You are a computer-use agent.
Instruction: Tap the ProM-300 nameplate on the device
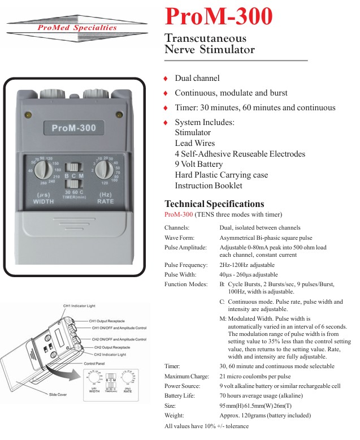[x=74, y=128]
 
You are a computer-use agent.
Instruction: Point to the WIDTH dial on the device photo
[x=44, y=170]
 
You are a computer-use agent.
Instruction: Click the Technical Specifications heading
[x=214, y=204]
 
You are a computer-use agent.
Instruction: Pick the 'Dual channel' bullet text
[x=197, y=78]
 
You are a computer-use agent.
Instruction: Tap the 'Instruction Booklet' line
[x=209, y=186]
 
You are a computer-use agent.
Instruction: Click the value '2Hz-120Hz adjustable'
[x=247, y=265]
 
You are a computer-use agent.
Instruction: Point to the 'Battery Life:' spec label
[x=180, y=395]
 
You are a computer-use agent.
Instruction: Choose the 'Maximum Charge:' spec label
[x=186, y=376]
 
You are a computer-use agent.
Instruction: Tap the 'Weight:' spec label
[x=174, y=415]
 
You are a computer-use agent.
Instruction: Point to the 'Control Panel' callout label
[x=96, y=363]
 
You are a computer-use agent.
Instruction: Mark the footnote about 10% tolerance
[x=206, y=426]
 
